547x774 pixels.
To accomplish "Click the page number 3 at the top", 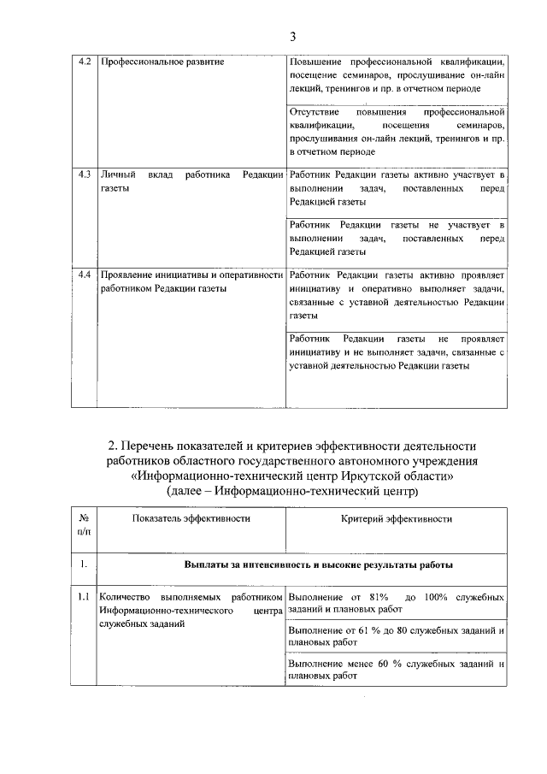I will pos(292,37).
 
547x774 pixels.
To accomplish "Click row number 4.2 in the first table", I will pos(84,63).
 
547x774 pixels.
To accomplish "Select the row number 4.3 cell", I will pos(84,174).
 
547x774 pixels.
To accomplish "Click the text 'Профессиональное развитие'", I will pos(162,63).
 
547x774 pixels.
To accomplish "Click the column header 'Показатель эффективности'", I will pos(191,518).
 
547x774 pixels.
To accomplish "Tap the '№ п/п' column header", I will pos(84,525).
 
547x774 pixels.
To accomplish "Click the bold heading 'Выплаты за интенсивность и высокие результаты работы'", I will pos(318,565).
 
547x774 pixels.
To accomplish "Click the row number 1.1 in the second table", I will pos(84,597).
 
